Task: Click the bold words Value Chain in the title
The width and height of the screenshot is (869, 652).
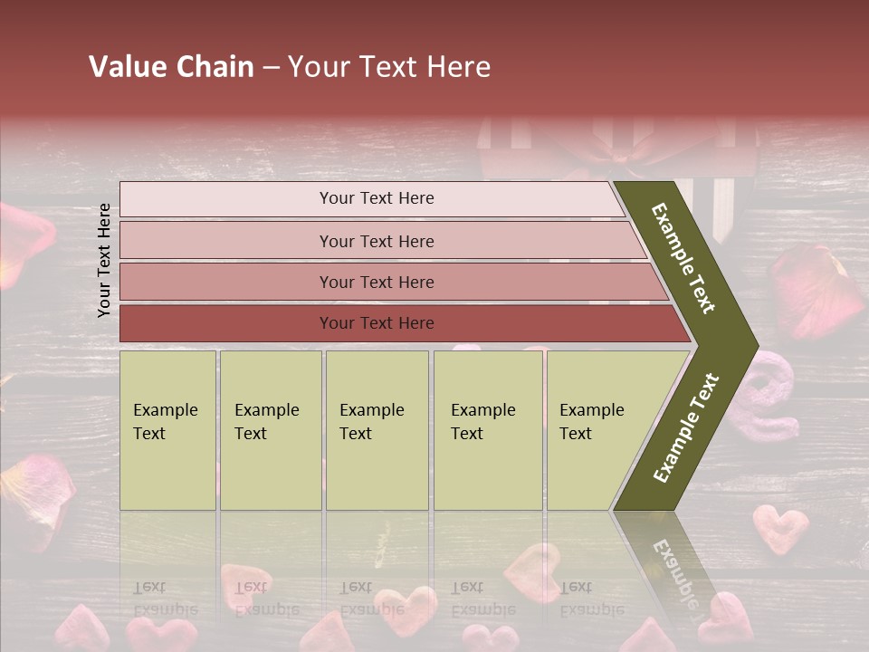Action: coord(171,67)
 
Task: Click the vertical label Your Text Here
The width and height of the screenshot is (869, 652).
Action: coord(104,260)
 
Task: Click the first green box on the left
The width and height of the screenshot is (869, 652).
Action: coord(167,430)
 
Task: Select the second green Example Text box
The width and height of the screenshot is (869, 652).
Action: coord(270,430)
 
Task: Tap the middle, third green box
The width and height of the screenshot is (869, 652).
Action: coord(377,430)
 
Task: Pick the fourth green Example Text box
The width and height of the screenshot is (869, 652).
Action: coord(487,430)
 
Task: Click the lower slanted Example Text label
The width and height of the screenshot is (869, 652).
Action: coord(685,427)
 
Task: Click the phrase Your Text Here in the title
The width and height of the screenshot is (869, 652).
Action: coord(389,67)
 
